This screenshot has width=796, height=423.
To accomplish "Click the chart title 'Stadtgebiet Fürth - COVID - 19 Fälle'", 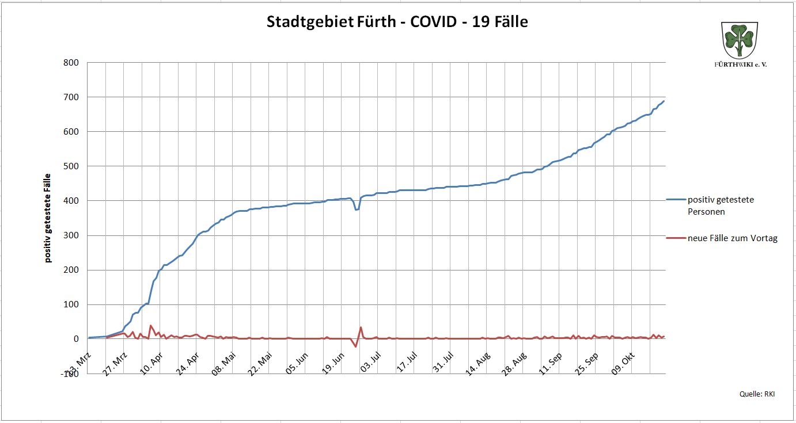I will coord(397,22).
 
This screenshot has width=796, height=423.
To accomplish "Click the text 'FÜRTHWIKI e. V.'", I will coord(740,64).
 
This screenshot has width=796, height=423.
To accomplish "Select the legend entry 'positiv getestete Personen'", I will coord(721,205).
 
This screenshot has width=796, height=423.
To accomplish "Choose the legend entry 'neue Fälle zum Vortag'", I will coord(732,238).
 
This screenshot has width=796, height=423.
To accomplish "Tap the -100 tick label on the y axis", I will coord(70,374).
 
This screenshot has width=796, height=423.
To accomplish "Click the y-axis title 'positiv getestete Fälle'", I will coord(48,218).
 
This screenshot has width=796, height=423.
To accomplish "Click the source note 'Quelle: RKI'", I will coord(757,394).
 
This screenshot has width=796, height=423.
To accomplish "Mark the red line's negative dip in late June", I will coord(355,346).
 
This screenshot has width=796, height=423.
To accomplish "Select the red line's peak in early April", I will coord(150,326).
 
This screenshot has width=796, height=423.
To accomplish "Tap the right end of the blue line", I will coord(664,101).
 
